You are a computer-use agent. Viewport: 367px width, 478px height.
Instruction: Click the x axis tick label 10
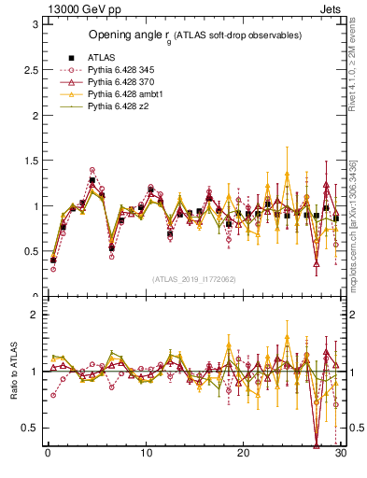pos(146,454)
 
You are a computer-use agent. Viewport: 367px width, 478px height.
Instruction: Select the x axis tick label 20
pos(244,454)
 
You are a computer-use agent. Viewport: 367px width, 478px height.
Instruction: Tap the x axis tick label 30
pos(341,454)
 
